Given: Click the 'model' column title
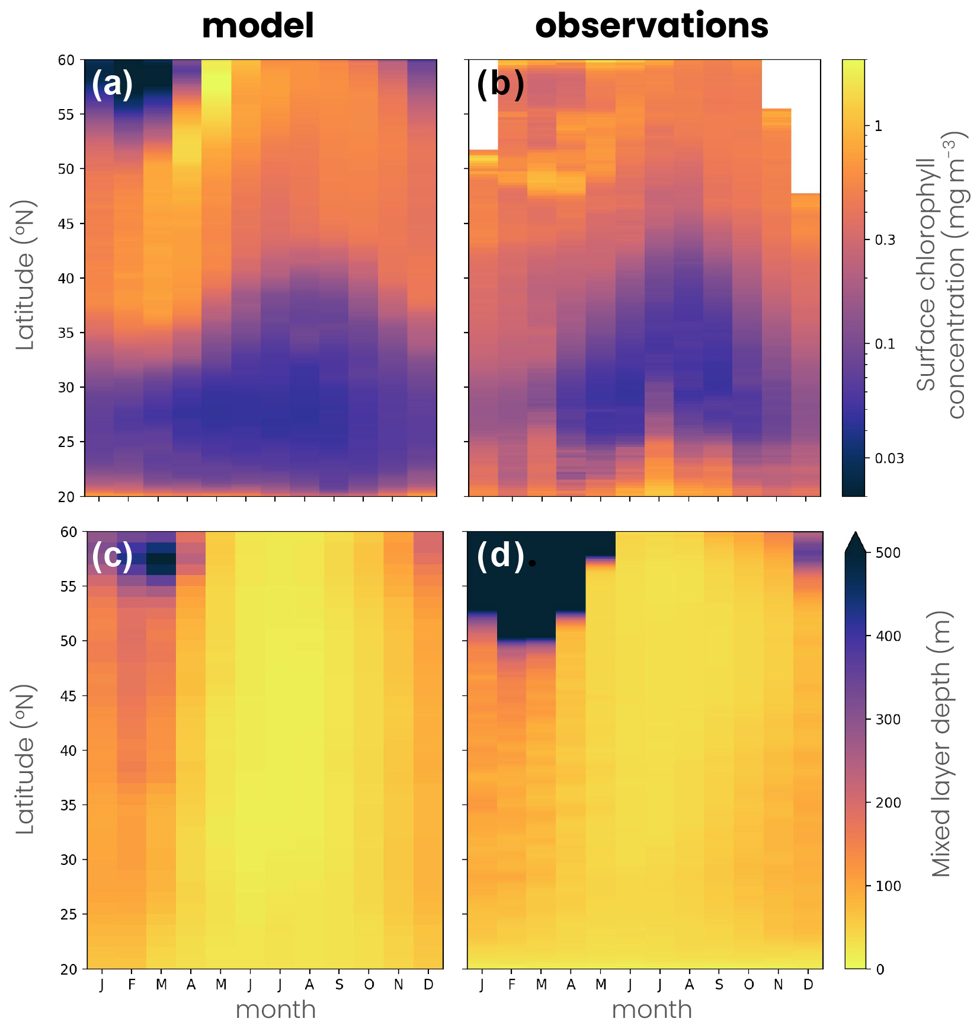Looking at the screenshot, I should pos(258,26).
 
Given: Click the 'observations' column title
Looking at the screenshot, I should pos(651,26).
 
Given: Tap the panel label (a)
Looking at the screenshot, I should pos(112,84).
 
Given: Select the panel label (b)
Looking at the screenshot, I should pos(500,84).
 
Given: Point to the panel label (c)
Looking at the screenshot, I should pos(112,555).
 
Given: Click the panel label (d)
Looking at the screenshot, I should pos(500,555).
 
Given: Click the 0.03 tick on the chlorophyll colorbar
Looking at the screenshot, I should pos(889,458).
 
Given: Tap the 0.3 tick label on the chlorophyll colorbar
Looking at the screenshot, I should pos(885,240).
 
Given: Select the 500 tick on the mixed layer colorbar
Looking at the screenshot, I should pos(888,553).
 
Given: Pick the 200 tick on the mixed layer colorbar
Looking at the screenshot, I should pos(888,803).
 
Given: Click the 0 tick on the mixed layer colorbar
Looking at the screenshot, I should pos(880,969).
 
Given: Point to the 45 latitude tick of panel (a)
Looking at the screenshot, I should pos(66,224).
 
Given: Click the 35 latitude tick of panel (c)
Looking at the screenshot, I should pos(69,805).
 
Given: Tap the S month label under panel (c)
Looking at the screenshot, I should pos(339,985).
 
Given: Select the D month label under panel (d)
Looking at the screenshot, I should pos(808,985).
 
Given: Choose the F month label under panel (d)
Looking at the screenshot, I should pos(511,985).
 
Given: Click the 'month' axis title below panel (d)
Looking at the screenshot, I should pos(652,1010).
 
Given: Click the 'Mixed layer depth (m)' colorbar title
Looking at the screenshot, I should pos(940,743).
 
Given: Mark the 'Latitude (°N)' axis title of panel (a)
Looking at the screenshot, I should pos(25,275).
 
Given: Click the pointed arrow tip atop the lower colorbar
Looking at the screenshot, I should pos(855,535).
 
